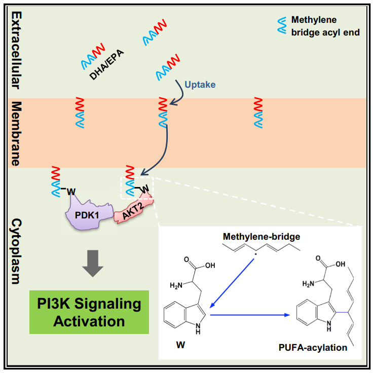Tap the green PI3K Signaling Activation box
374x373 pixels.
coord(89,312)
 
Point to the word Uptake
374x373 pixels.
coord(200,85)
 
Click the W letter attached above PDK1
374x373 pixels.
coord(71,191)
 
